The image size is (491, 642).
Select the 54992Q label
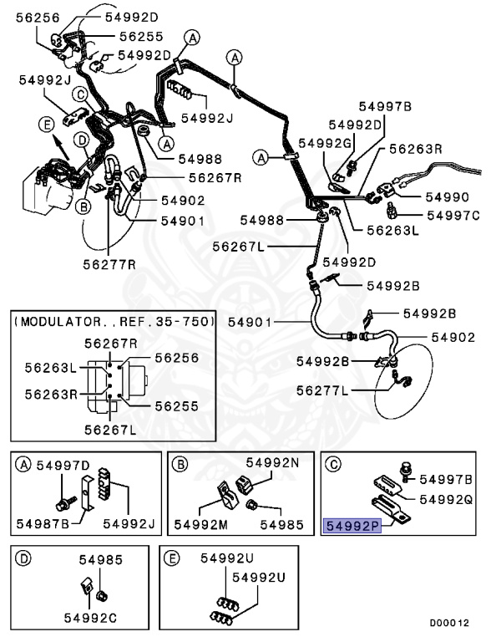446,499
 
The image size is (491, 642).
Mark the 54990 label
448,197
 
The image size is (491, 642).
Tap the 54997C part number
453,216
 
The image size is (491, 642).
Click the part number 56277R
107,264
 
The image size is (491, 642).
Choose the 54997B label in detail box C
446,479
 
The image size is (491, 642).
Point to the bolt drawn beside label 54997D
63,504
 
